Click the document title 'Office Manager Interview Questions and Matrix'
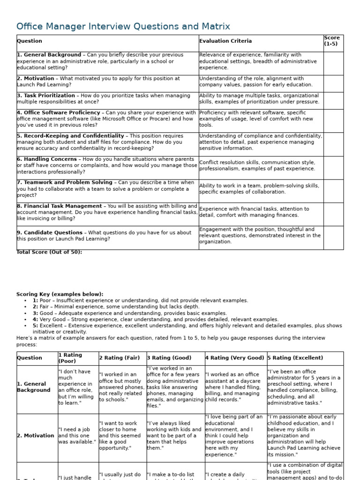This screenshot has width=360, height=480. click(123, 26)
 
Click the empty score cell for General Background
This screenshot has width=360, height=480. click(333, 63)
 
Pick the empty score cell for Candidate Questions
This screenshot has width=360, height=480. click(333, 237)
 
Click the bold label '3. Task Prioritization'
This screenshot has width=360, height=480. click(46, 96)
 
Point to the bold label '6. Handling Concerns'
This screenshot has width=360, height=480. click(47, 159)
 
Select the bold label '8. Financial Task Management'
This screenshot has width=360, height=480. click(60, 206)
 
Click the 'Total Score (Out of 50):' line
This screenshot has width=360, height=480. click(49, 252)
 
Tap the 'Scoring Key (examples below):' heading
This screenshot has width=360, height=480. click(60, 294)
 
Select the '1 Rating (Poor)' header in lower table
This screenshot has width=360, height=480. click(70, 358)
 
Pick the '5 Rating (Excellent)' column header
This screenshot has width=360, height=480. click(295, 358)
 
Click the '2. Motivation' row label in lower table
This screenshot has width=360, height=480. click(36, 436)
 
